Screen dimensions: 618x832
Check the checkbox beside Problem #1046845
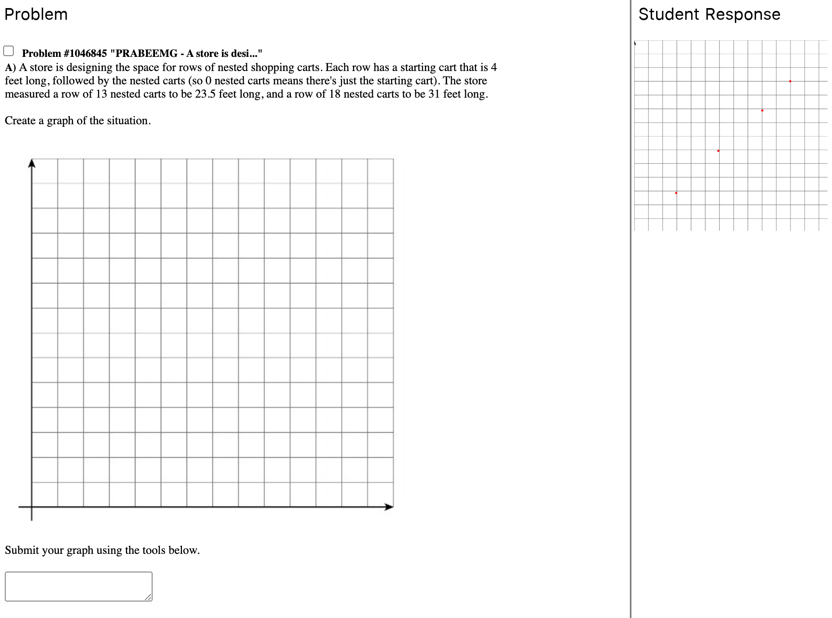click(x=8, y=51)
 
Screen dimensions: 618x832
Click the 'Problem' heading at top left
click(x=36, y=15)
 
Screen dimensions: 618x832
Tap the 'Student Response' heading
click(x=709, y=15)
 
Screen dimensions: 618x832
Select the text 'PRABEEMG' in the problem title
click(x=146, y=53)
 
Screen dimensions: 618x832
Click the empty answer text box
click(x=78, y=586)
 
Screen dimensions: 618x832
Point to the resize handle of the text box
click(x=148, y=597)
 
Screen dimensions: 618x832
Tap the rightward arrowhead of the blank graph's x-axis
click(x=389, y=507)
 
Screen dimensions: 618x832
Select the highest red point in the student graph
click(x=790, y=81)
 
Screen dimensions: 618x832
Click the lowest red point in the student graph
click(x=676, y=193)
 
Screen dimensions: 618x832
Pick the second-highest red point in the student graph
click(x=762, y=110)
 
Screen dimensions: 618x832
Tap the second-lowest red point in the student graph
click(x=718, y=150)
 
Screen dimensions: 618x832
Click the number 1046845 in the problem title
click(x=88, y=53)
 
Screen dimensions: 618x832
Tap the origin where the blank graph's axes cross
click(x=32, y=507)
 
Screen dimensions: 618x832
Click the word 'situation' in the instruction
click(x=128, y=121)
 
